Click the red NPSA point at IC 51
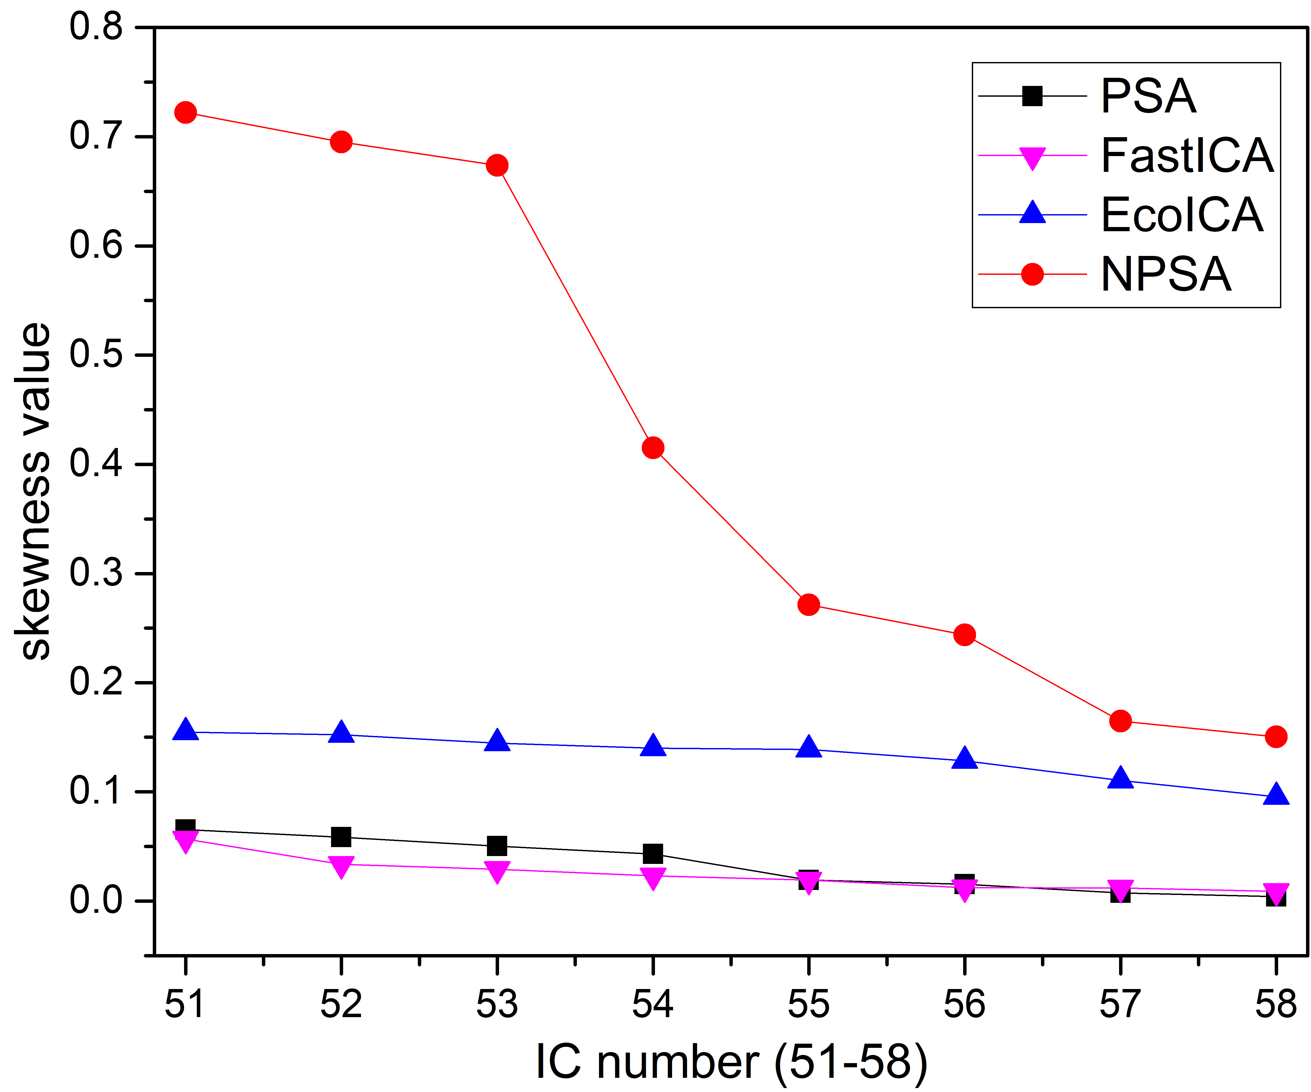185,112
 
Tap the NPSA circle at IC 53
497,165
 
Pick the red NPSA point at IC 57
1121,721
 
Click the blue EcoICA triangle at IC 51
185,729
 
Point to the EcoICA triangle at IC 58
1276,795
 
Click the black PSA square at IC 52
341,837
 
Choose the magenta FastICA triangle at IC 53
497,872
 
